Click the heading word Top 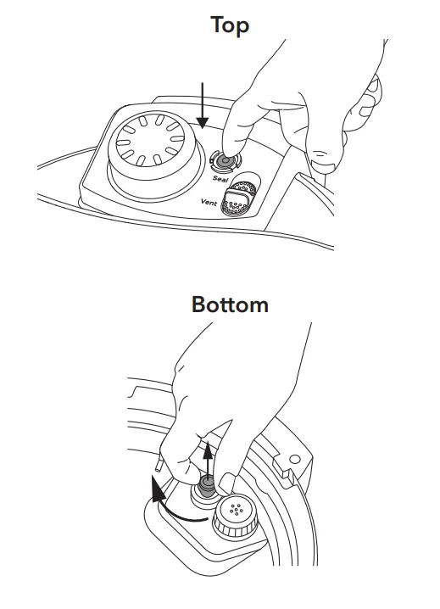click(x=230, y=26)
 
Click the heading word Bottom click(x=230, y=304)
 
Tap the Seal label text click(x=220, y=178)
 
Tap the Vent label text click(x=209, y=202)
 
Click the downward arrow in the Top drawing click(x=202, y=105)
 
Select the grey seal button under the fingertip click(x=225, y=161)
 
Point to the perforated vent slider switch click(x=238, y=198)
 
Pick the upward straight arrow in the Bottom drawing click(x=209, y=461)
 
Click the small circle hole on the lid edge click(x=295, y=460)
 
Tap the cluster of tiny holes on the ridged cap click(x=236, y=509)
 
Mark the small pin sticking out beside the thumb click(x=159, y=461)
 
